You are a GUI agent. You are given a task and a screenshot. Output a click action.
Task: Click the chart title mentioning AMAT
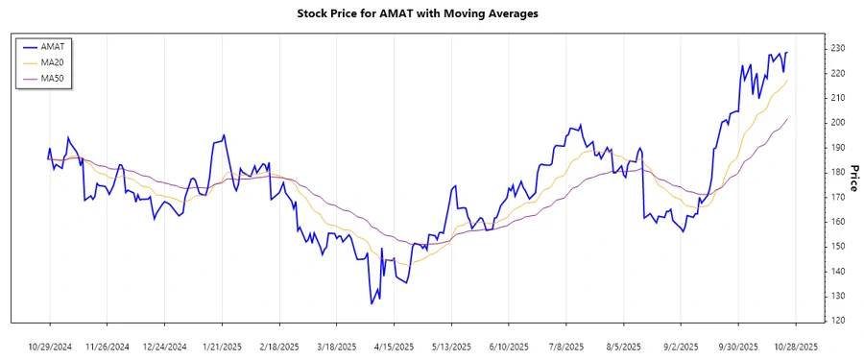(431, 13)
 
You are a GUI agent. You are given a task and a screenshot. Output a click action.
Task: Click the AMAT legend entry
(52, 46)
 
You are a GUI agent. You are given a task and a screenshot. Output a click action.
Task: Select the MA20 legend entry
(52, 61)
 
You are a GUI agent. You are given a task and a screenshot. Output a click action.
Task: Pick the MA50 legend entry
(52, 77)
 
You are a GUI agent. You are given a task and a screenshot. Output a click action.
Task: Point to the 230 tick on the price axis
(838, 48)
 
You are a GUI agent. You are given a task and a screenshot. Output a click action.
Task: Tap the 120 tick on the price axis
(838, 321)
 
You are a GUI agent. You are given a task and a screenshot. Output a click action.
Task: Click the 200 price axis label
(838, 123)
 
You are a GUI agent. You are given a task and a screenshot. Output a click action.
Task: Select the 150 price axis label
(838, 247)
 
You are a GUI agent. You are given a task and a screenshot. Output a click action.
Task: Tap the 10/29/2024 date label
(50, 347)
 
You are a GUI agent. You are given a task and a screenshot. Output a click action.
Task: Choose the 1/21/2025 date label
(223, 347)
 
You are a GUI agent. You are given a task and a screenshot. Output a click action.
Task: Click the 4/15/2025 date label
(394, 347)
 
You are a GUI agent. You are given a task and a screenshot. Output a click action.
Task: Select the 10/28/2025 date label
(796, 347)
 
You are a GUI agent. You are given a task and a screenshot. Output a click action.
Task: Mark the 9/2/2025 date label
(681, 347)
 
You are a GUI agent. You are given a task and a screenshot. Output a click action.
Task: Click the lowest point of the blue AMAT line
(371, 304)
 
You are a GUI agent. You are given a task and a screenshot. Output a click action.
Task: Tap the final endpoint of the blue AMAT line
(787, 53)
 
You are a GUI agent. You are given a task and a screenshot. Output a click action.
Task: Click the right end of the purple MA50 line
(787, 119)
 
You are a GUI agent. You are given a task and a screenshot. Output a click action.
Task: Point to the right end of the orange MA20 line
(787, 81)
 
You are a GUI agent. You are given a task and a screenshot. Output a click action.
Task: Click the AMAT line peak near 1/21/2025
(224, 134)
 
